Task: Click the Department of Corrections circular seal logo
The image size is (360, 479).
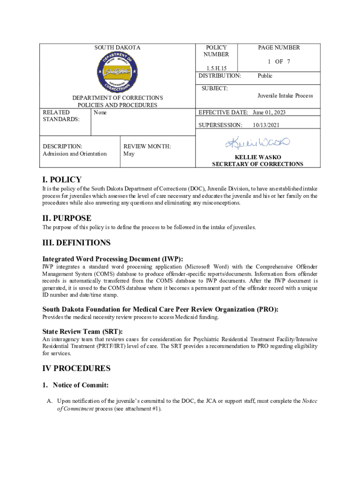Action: pos(117,72)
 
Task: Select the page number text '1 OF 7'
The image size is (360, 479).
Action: pos(279,61)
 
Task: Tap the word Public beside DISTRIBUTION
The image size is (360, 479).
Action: pos(265,76)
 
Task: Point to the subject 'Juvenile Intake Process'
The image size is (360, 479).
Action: pos(285,95)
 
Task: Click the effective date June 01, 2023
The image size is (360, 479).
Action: pos(269,112)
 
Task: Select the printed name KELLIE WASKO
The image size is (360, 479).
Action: pos(258,157)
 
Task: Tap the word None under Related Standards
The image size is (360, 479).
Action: pos(100,112)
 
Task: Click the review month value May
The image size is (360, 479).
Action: pos(129,153)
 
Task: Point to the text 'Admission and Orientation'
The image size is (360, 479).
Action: pos(74,153)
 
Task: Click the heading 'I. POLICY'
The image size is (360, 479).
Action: pos(62,180)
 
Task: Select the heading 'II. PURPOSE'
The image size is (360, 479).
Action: pos(67,218)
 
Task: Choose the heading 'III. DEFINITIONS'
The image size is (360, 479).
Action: pos(76,243)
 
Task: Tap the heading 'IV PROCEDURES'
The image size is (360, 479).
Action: pos(76,368)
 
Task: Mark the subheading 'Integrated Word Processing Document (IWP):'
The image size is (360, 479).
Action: pos(113,259)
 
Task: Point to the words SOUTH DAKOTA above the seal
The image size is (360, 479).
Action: pos(117,48)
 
